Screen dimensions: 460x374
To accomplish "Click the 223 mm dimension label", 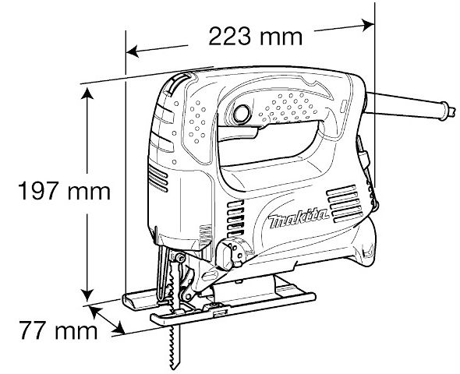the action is click(x=255, y=37).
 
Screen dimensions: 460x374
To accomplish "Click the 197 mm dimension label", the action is click(x=64, y=191).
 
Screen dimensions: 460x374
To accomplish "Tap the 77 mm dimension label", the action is click(x=58, y=330).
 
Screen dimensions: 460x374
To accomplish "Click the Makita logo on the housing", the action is click(x=299, y=219).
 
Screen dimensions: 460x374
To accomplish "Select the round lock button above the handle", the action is click(x=242, y=114).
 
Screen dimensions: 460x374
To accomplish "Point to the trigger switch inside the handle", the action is click(x=239, y=132).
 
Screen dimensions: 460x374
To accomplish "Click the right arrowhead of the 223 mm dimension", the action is click(x=368, y=25).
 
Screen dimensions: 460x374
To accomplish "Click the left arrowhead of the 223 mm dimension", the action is click(x=133, y=52).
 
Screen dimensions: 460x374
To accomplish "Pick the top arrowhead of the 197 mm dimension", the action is click(x=87, y=93).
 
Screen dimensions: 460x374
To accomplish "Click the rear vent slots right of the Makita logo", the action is click(x=345, y=203).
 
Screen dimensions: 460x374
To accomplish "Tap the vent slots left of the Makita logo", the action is click(x=235, y=218).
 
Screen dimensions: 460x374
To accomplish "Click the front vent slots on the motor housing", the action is click(x=158, y=178).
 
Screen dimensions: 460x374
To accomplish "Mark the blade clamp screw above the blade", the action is click(x=179, y=258).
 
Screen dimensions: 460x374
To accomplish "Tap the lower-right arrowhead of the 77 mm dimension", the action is click(x=119, y=327).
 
